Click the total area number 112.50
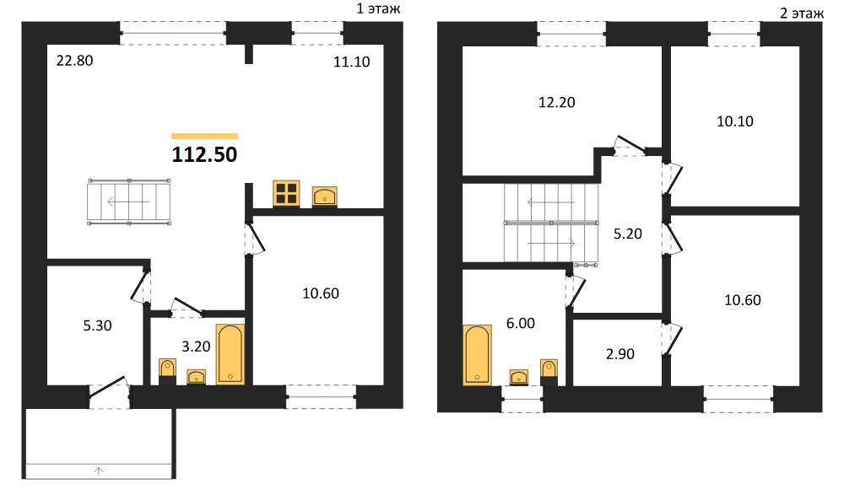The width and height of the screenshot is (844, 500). tap(204, 154)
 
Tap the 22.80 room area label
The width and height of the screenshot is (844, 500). tap(75, 61)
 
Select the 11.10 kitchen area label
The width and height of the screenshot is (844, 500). tap(351, 62)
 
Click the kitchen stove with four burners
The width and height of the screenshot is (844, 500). tap(286, 193)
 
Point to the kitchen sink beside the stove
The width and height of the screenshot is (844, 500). tap(325, 196)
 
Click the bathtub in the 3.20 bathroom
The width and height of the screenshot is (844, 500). tap(230, 354)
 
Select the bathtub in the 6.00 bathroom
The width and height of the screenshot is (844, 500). tap(478, 355)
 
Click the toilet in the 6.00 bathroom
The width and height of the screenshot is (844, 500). tap(549, 372)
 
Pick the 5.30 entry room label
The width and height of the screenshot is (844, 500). tap(97, 325)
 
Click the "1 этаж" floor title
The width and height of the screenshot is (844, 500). tap(378, 8)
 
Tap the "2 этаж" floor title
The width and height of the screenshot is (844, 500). tap(802, 13)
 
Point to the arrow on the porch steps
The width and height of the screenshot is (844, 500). tap(99, 471)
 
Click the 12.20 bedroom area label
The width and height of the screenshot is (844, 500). tap(556, 102)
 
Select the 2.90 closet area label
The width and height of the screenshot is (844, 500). tap(620, 354)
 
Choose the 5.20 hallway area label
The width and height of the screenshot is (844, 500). tap(628, 234)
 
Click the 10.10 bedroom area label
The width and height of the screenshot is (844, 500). tap(735, 121)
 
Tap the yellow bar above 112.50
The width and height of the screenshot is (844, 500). tap(204, 136)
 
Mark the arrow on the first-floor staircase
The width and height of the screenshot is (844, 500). tap(128, 202)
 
